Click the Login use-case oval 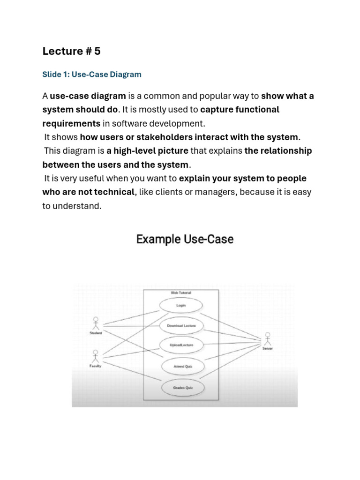point(181,305)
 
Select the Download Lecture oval point(181,325)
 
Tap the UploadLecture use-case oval point(181,345)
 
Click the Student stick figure point(96,323)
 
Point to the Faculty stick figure point(96,356)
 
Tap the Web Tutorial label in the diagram point(181,293)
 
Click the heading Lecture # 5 point(71,52)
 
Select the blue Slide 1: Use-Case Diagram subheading point(91,75)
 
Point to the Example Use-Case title point(185,240)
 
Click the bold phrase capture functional point(240,110)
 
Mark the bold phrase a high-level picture point(147,151)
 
